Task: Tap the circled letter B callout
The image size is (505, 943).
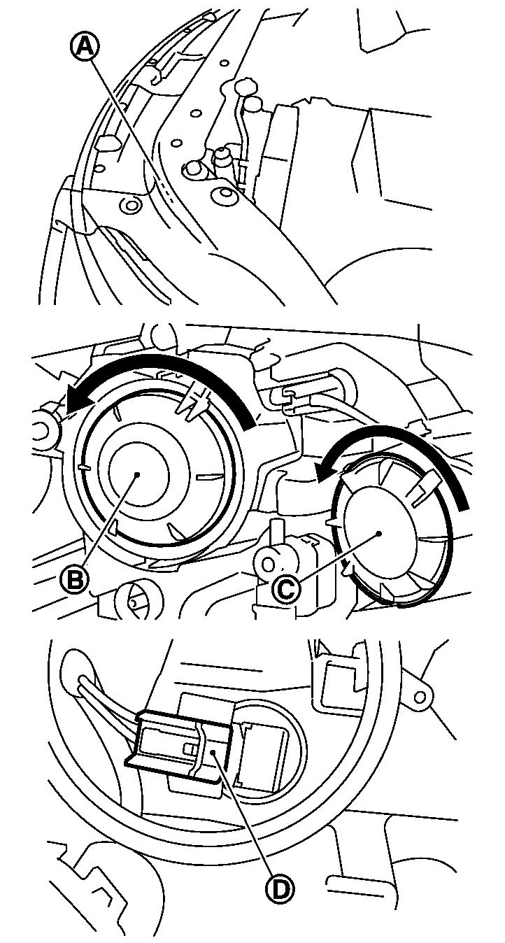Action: [74, 581]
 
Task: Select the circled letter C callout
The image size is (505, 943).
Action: [286, 589]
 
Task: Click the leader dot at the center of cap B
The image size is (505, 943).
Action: [137, 474]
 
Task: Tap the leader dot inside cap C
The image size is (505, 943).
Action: [379, 534]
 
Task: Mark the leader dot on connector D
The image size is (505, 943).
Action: [213, 752]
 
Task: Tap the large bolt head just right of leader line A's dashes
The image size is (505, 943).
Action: [193, 171]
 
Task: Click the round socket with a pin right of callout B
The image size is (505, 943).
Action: [136, 600]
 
